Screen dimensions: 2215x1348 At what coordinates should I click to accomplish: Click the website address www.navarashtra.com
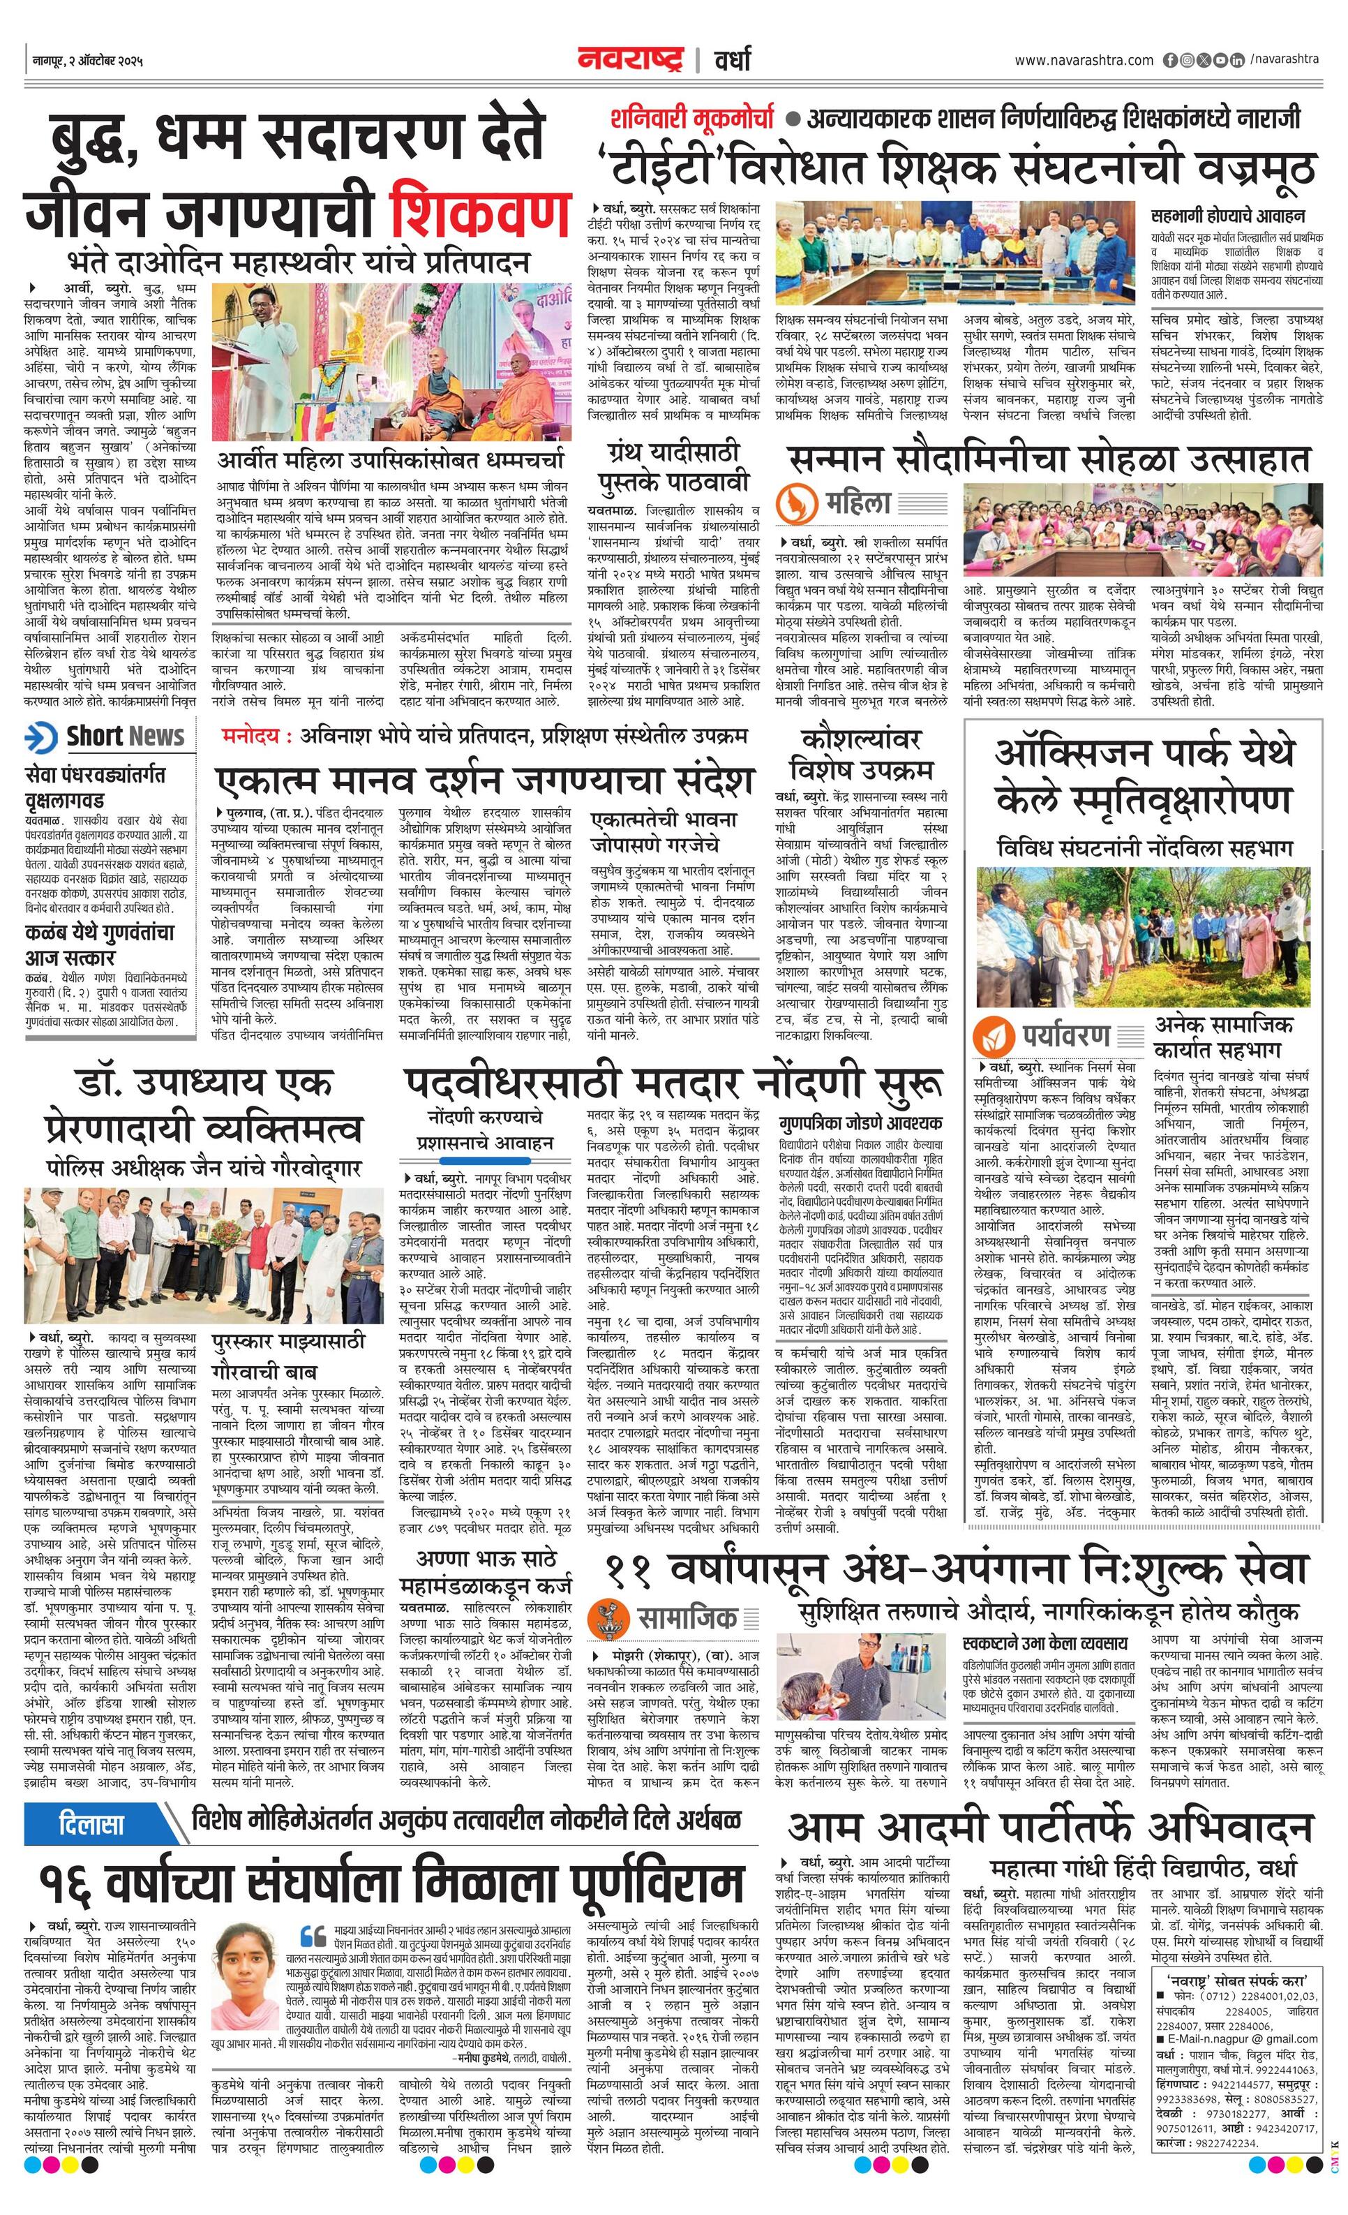(x=1083, y=60)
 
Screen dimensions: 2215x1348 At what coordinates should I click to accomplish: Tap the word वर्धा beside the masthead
(x=733, y=61)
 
